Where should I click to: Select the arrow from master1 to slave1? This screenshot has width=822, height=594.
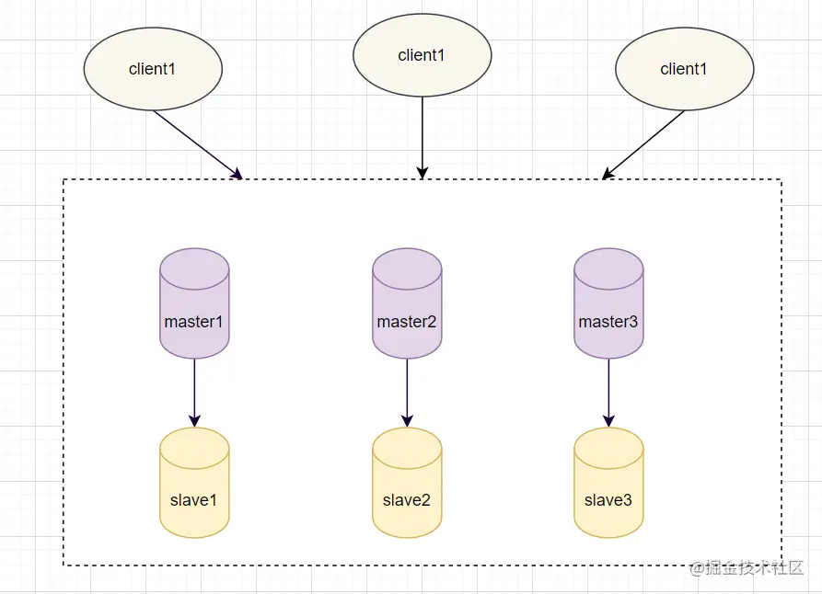pyautogui.click(x=194, y=391)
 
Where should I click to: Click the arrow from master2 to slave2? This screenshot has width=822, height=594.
pyautogui.click(x=407, y=391)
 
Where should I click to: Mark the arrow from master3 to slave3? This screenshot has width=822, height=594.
pyautogui.click(x=608, y=391)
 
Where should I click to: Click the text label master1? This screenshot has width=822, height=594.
pyautogui.click(x=194, y=322)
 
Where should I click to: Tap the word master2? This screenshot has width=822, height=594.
pyautogui.click(x=407, y=322)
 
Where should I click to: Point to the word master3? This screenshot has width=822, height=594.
pyautogui.click(x=608, y=322)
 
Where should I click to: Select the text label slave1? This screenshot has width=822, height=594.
pyautogui.click(x=194, y=500)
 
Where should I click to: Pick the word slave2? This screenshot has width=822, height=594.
pyautogui.click(x=407, y=500)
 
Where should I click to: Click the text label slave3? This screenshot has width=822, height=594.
pyautogui.click(x=608, y=500)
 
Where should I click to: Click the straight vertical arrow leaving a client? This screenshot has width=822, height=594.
pyautogui.click(x=423, y=133)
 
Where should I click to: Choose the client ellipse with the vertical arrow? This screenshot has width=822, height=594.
pyautogui.click(x=423, y=55)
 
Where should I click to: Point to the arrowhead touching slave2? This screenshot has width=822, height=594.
pyautogui.click(x=407, y=421)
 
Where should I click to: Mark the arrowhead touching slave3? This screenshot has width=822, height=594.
pyautogui.click(x=608, y=421)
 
